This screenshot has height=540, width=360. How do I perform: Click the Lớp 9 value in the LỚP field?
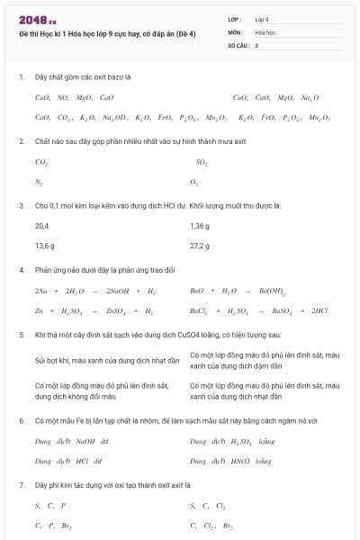(262, 18)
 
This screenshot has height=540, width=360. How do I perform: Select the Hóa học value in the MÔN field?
(265, 31)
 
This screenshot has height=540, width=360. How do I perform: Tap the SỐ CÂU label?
(238, 43)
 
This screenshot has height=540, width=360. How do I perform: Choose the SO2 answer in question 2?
(202, 163)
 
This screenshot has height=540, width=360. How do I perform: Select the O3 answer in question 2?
(194, 181)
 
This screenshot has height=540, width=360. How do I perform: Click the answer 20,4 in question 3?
(42, 226)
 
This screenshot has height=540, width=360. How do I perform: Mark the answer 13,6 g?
(45, 246)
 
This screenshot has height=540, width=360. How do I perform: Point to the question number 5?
(21, 334)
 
